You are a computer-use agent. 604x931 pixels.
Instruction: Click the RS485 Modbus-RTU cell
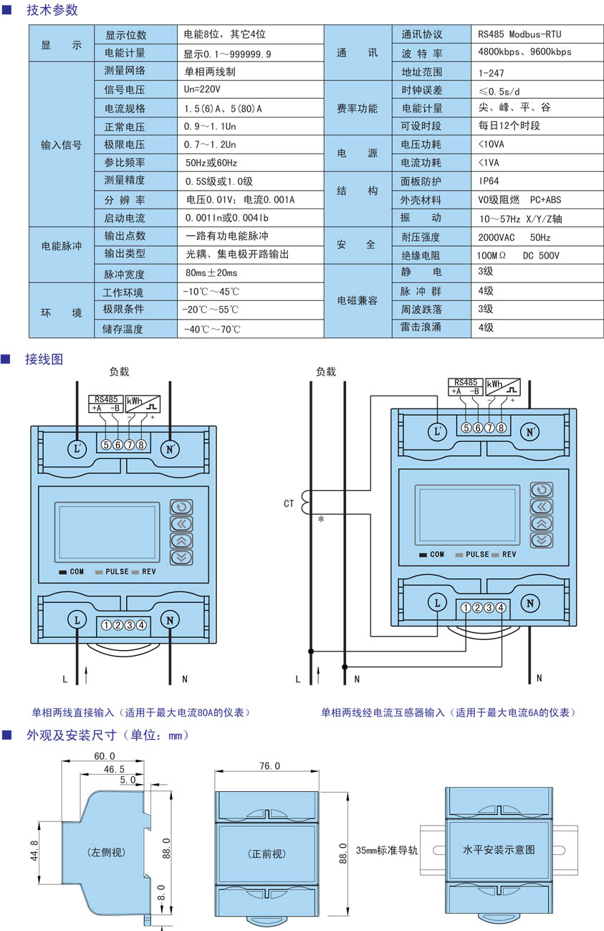point(519,34)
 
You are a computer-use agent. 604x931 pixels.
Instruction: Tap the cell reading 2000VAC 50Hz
point(514,237)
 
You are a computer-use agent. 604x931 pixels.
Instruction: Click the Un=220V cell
point(203,90)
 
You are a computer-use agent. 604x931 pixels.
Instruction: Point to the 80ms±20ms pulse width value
point(211,274)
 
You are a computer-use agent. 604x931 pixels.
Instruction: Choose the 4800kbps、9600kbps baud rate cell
point(524,52)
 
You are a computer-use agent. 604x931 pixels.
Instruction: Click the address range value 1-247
point(492,72)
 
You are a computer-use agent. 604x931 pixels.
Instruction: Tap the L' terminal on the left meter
point(78,449)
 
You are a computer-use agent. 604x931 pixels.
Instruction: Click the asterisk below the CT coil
point(320,520)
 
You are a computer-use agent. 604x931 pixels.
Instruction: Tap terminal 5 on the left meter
point(106,445)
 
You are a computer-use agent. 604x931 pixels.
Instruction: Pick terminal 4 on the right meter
point(501,608)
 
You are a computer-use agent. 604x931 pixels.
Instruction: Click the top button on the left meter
point(181,507)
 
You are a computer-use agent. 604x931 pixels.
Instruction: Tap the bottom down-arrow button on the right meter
point(542,540)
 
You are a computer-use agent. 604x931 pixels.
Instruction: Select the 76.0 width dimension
point(269,766)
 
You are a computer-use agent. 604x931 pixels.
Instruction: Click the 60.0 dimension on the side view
point(105,757)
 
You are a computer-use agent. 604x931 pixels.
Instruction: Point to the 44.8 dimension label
point(34,851)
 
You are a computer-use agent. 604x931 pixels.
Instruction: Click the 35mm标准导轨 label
point(386,851)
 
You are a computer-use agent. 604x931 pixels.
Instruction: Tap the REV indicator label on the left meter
point(148,572)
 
